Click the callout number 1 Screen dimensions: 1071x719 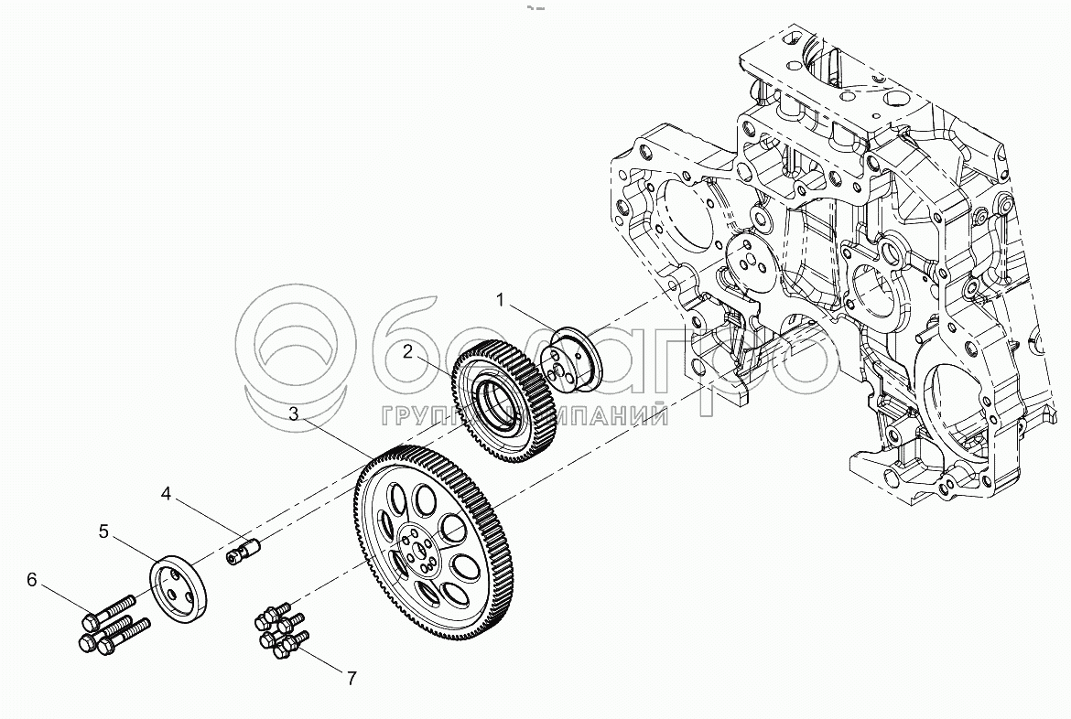(501, 299)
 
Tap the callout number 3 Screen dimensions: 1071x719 (293, 413)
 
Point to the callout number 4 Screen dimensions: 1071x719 (166, 494)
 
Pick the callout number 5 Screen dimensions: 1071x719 (103, 531)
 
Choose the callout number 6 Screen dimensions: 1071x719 (32, 578)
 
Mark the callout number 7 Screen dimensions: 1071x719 (350, 678)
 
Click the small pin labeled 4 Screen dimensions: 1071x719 (243, 553)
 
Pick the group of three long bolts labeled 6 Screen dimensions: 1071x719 (108, 625)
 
